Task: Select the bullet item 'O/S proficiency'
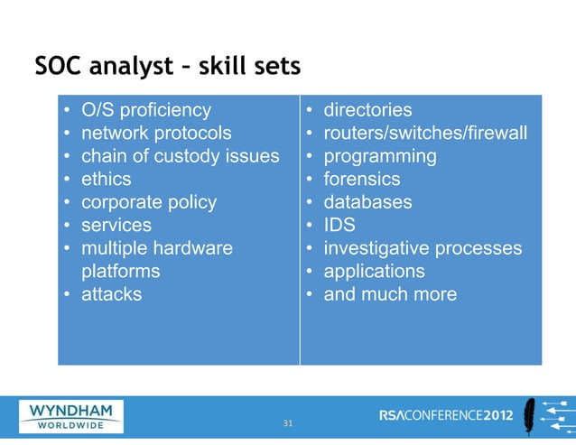coord(145,110)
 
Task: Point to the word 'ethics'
coord(106,179)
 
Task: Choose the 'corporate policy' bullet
coord(149,202)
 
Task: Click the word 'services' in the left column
coord(116,225)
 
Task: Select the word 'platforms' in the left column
coord(121,271)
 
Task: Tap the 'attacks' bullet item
coord(111,294)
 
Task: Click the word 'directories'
coord(367,110)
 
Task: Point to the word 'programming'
coord(380,156)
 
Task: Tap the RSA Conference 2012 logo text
coord(449,416)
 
